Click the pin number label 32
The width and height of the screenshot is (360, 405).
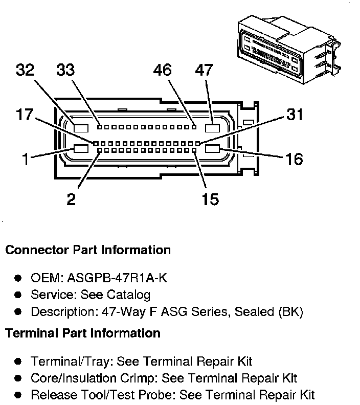pyautogui.click(x=25, y=70)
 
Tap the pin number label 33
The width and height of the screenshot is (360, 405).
pyautogui.click(x=65, y=70)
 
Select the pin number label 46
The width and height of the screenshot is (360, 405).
pyautogui.click(x=162, y=70)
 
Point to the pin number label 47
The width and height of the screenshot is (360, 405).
pyautogui.click(x=204, y=70)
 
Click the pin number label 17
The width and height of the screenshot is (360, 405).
pyautogui.click(x=25, y=115)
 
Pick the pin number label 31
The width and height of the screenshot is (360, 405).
pyautogui.click(x=295, y=114)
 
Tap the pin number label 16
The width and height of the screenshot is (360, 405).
pyautogui.click(x=294, y=159)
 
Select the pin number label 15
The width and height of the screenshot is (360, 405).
pyautogui.click(x=210, y=199)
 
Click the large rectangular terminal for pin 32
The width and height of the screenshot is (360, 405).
pyautogui.click(x=81, y=128)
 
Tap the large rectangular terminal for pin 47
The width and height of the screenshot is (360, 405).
pyautogui.click(x=212, y=128)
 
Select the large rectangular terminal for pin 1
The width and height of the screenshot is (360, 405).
pyautogui.click(x=81, y=149)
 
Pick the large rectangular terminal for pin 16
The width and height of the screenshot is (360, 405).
pyautogui.click(x=212, y=149)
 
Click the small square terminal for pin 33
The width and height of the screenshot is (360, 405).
pyautogui.click(x=99, y=127)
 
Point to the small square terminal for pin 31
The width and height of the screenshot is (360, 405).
pyautogui.click(x=198, y=143)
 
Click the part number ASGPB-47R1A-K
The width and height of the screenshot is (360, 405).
pyautogui.click(x=117, y=278)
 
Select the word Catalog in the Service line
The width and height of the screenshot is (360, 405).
pyautogui.click(x=128, y=295)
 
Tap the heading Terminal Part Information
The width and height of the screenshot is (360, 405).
pyautogui.click(x=83, y=333)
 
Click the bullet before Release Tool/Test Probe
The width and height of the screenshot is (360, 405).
pyautogui.click(x=18, y=395)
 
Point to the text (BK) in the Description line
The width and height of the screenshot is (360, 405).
pyautogui.click(x=290, y=312)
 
